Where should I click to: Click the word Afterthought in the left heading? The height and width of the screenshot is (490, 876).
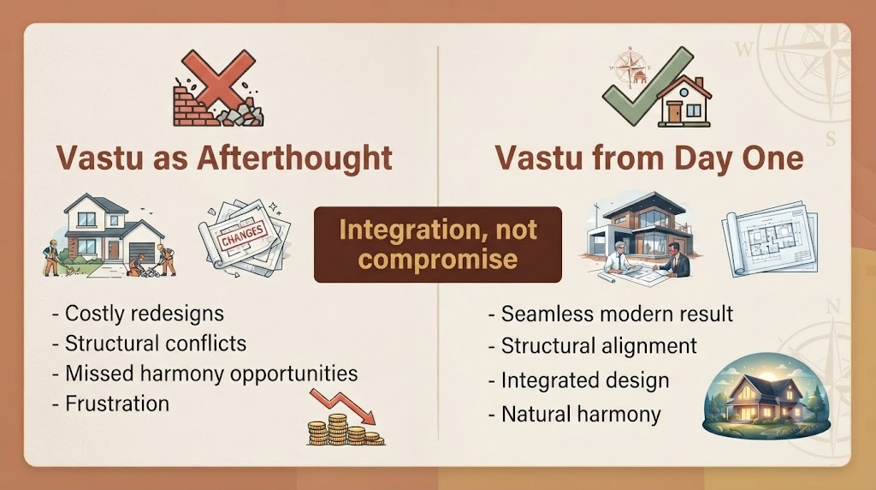(x=294, y=158)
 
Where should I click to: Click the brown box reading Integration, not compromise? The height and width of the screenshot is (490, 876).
(x=438, y=244)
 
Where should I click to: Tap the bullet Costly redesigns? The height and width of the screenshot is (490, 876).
(x=138, y=314)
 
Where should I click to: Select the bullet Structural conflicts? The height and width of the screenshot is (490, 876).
(x=149, y=344)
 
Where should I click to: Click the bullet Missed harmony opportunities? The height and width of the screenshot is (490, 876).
(x=204, y=373)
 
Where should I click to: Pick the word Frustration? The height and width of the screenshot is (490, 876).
(x=116, y=403)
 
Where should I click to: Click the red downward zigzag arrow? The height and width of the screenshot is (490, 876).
(x=342, y=406)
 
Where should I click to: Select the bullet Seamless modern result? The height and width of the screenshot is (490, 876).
(x=611, y=314)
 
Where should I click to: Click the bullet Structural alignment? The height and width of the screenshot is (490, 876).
(x=592, y=346)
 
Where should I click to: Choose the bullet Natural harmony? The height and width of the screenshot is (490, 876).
(x=574, y=415)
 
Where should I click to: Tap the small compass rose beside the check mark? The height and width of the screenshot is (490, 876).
(x=630, y=65)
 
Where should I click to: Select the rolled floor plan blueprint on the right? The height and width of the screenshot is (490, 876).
(x=770, y=238)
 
